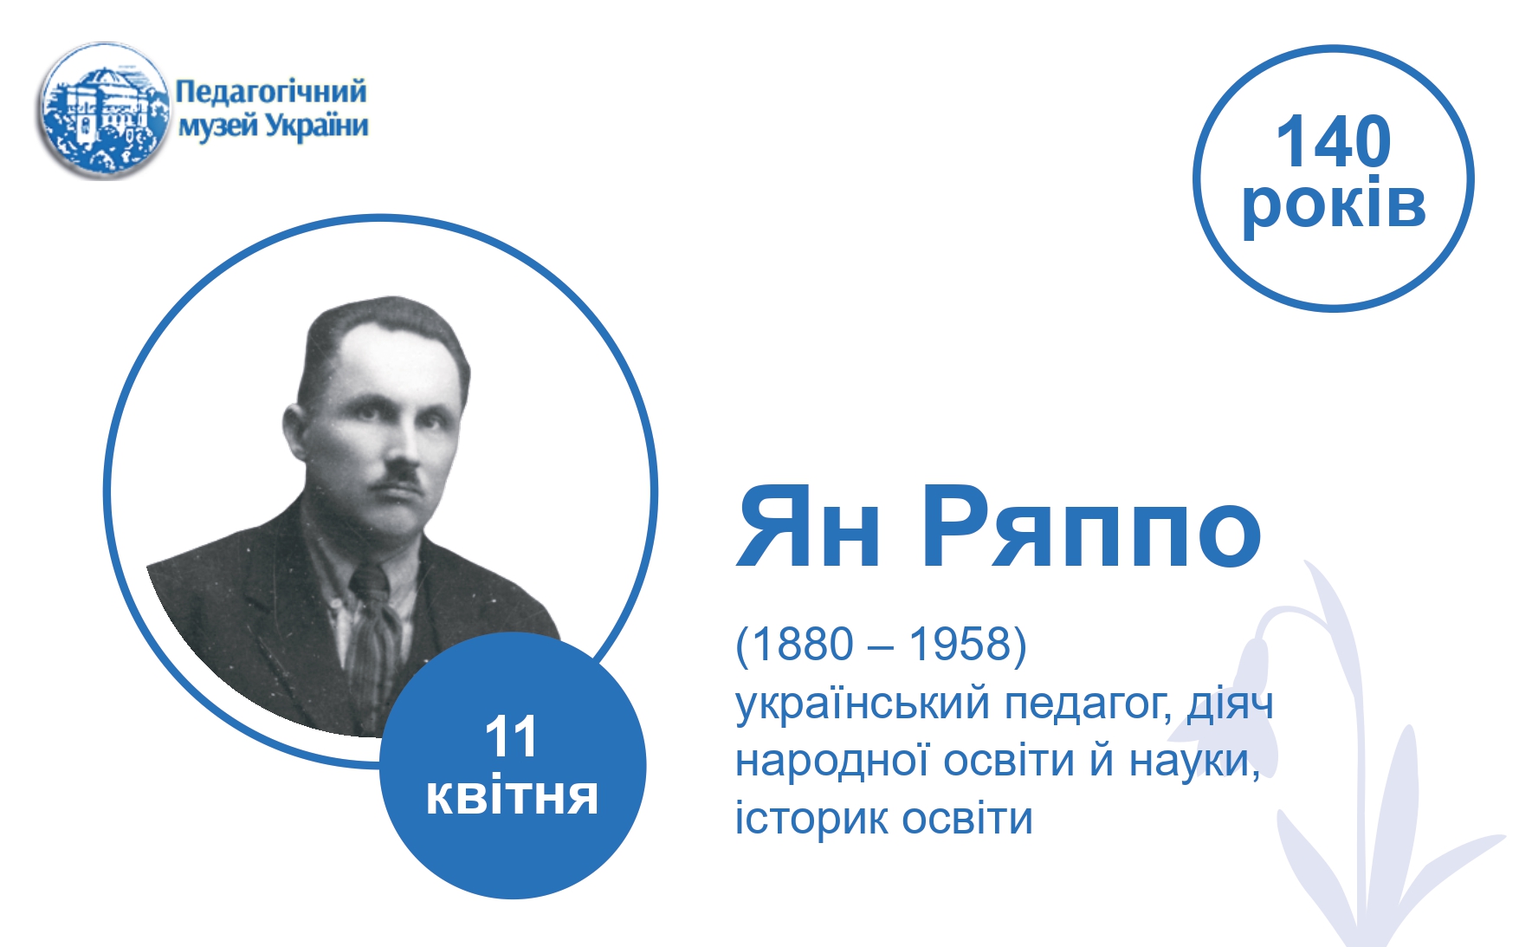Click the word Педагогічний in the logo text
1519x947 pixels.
[271, 92]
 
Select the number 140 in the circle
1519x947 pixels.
[1334, 141]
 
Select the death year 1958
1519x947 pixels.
[960, 644]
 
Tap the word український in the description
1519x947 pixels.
[863, 704]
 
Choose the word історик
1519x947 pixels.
[811, 819]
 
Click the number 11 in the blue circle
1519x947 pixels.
[511, 737]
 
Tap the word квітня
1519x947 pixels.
[512, 797]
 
